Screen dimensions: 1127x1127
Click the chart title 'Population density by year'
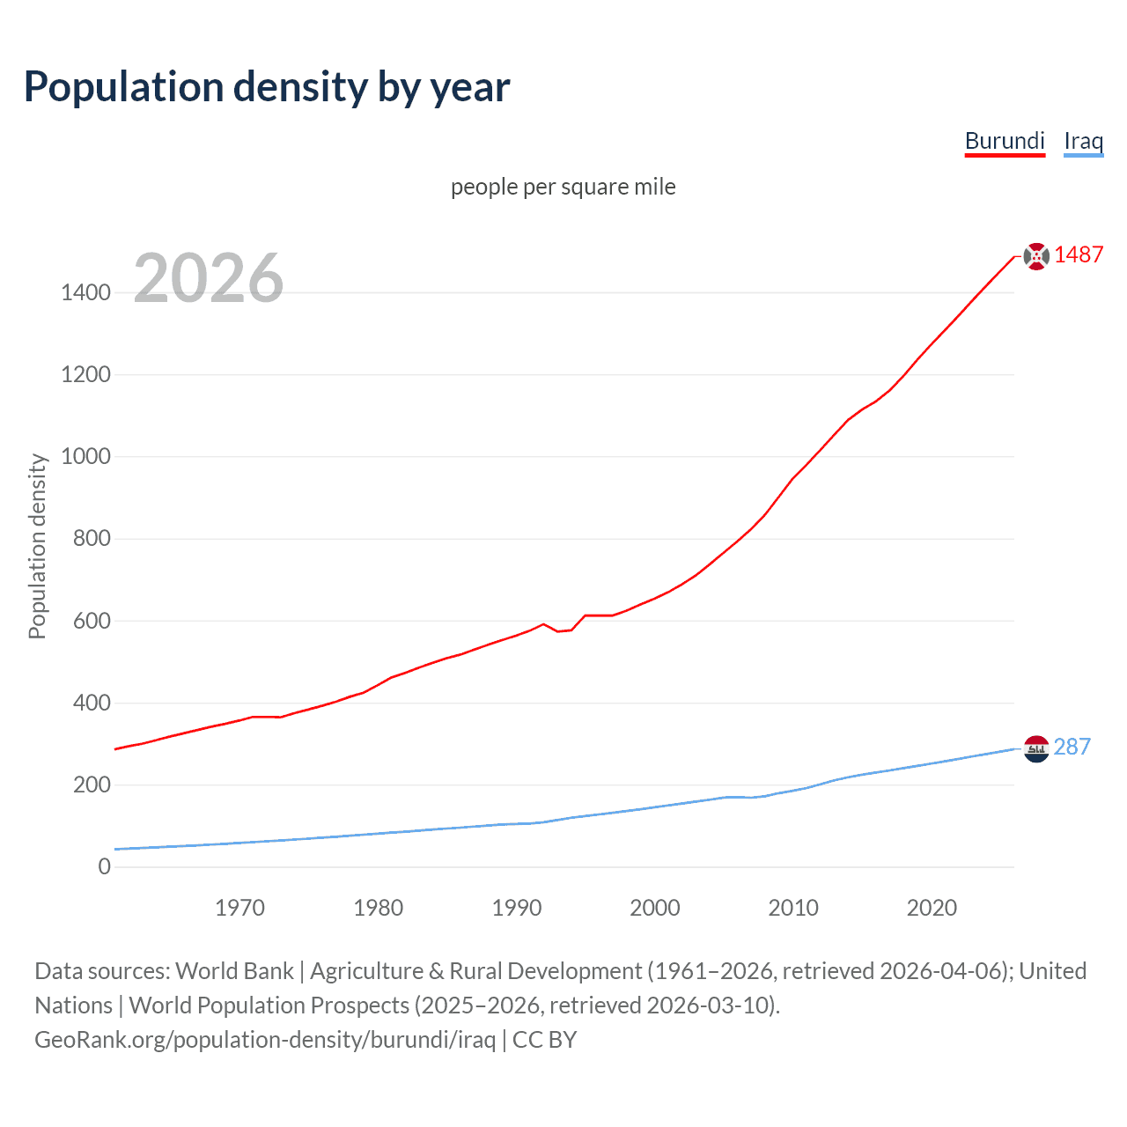click(x=267, y=87)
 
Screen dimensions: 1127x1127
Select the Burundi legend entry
click(x=1005, y=141)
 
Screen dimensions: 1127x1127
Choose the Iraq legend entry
click(x=1083, y=141)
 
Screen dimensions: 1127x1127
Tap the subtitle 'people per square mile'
click(x=563, y=187)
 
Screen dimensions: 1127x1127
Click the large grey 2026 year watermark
click(x=209, y=278)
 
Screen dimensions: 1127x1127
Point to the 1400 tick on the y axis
click(x=85, y=292)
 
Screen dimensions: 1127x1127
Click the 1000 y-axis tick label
click(x=85, y=456)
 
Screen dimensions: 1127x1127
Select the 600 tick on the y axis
click(x=92, y=621)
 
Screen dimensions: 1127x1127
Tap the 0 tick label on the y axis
click(x=105, y=866)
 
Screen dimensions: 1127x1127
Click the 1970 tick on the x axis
click(x=239, y=908)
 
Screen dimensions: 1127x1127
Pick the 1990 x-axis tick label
click(x=517, y=908)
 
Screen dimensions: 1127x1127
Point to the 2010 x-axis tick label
click(x=793, y=908)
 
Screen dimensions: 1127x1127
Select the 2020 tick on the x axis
click(x=932, y=908)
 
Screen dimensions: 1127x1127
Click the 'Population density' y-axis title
click(x=37, y=546)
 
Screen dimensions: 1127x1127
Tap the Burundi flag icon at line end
click(x=1036, y=256)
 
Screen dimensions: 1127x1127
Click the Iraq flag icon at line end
click(x=1036, y=748)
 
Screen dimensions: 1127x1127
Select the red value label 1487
click(x=1079, y=254)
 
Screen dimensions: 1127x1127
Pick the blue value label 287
click(x=1072, y=747)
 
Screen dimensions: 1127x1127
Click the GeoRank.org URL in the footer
click(x=265, y=1040)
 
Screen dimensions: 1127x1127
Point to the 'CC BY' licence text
click(x=544, y=1040)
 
